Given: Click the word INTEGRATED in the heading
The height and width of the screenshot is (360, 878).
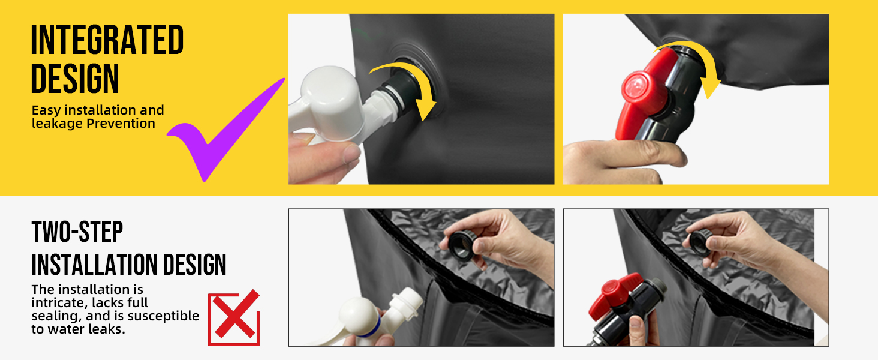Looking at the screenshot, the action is (x=107, y=40).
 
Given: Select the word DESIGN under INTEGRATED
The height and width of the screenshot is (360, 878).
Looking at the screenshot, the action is (x=75, y=79).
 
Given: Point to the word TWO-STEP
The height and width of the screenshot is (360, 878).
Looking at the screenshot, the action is (x=77, y=232).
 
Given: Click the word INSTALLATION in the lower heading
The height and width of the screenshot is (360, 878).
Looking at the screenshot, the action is (x=95, y=265).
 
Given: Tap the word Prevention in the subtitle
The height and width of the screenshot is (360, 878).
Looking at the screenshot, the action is (x=121, y=124).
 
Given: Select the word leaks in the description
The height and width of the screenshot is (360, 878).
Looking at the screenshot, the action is (x=106, y=329).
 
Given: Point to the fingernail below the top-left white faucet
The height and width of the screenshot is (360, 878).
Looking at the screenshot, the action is (x=351, y=154).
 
